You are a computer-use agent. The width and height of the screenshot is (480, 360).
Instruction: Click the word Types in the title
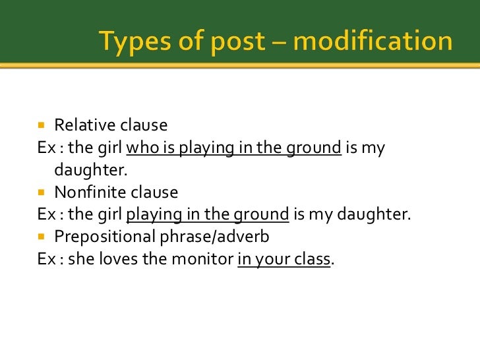coord(135,42)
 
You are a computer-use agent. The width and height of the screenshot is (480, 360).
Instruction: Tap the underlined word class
coord(313,259)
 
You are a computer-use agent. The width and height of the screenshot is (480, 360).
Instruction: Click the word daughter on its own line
coord(89,170)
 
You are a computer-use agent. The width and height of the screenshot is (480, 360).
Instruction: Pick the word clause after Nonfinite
coord(156,193)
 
